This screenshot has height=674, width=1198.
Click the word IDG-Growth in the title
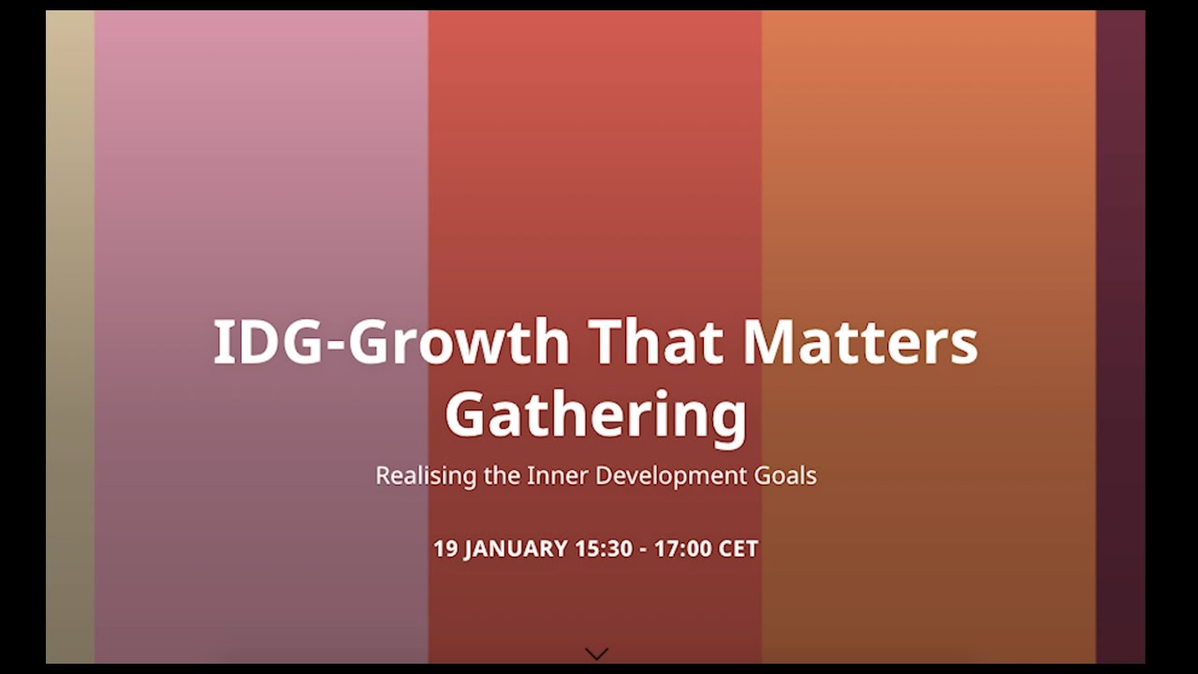[391, 342]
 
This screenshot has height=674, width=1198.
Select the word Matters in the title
[860, 342]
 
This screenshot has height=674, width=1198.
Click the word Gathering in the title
[596, 415]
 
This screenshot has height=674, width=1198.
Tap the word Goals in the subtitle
[785, 476]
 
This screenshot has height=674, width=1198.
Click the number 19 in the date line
[446, 549]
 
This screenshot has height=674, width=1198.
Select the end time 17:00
[682, 549]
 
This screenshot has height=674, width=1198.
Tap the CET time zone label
[738, 549]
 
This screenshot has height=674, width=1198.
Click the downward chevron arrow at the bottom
[596, 653]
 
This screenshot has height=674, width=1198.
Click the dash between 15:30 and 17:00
[643, 549]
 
